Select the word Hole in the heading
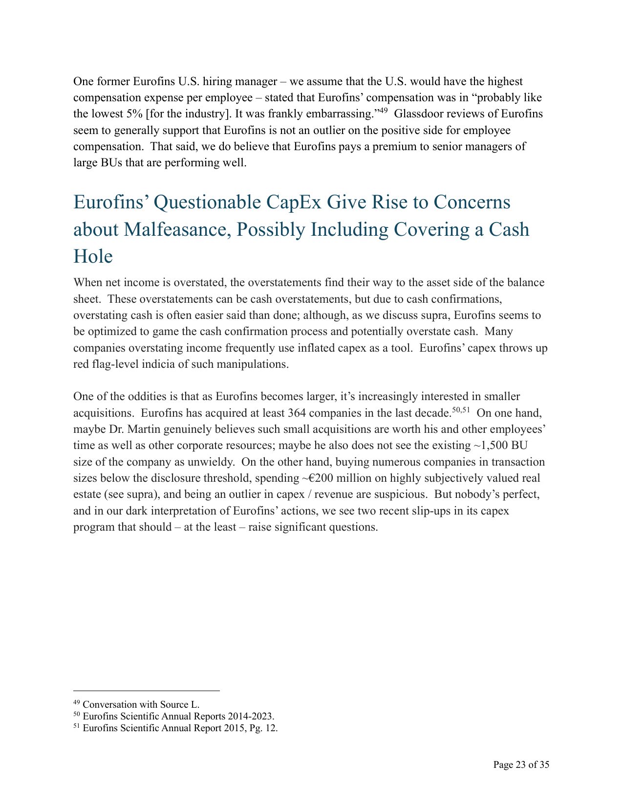(93, 256)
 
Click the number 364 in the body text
(297, 413)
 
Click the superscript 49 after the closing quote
(383, 111)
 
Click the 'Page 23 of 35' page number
(521, 765)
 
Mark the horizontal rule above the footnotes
(147, 691)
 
